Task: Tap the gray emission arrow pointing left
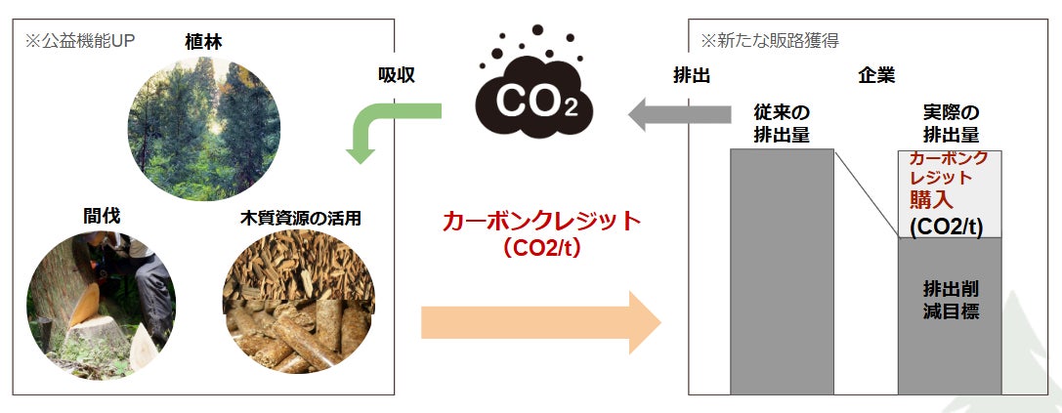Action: coord(678,114)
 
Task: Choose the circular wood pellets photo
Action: coord(297,304)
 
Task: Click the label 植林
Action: coord(203,41)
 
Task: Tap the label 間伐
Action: coord(102,216)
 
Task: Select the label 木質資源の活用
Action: coord(300,217)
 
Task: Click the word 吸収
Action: coord(397,75)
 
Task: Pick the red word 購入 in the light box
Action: coord(934,200)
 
